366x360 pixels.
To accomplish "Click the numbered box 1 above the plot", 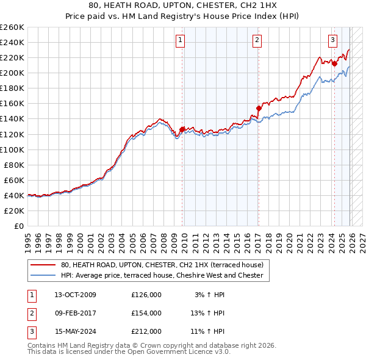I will pyautogui.click(x=181, y=41).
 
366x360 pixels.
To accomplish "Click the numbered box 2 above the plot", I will pyautogui.click(x=257, y=41).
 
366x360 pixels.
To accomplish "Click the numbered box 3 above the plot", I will pyautogui.click(x=333, y=41).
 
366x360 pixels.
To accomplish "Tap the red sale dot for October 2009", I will pyautogui.click(x=182, y=129).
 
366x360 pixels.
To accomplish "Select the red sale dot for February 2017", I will pyautogui.click(x=258, y=108).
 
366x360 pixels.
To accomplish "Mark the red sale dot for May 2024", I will pyautogui.click(x=334, y=63).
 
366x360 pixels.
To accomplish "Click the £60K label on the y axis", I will pyautogui.click(x=14, y=180).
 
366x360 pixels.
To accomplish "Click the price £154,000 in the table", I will pyautogui.click(x=146, y=313).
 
